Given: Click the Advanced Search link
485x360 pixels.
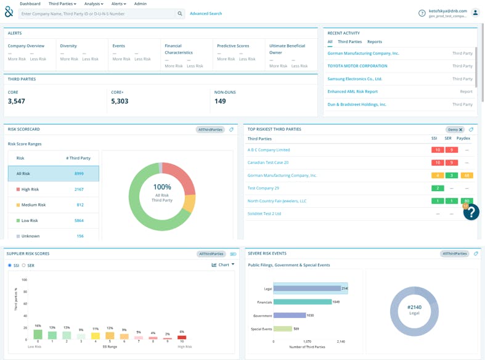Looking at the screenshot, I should pyautogui.click(x=206, y=14).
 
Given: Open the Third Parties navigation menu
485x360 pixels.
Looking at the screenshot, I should pyautogui.click(x=62, y=4).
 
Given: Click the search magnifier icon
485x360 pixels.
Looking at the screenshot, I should pyautogui.click(x=180, y=14).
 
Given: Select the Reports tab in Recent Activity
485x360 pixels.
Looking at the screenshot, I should pyautogui.click(x=374, y=42).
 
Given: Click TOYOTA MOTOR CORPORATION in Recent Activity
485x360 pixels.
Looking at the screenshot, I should pyautogui.click(x=357, y=66).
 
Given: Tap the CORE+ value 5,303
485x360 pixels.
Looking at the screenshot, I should pyautogui.click(x=120, y=101).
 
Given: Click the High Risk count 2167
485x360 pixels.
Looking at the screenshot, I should pyautogui.click(x=79, y=189).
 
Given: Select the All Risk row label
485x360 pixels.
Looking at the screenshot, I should pyautogui.click(x=23, y=174).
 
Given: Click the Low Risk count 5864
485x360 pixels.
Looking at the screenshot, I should pyautogui.click(x=79, y=221).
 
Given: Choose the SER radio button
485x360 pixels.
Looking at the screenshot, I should pyautogui.click(x=24, y=265).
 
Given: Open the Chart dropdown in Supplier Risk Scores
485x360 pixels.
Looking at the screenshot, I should pyautogui.click(x=223, y=264).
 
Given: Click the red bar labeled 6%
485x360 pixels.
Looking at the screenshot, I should pyautogui.click(x=181, y=337).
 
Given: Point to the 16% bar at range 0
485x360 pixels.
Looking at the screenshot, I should pyautogui.click(x=38, y=334).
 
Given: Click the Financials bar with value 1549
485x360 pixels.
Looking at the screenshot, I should pyautogui.click(x=302, y=302).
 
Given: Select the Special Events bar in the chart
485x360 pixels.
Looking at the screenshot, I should pyautogui.click(x=283, y=329).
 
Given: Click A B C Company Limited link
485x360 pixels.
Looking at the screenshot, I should pyautogui.click(x=269, y=150).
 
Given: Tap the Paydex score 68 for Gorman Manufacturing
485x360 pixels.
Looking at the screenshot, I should pyautogui.click(x=467, y=176).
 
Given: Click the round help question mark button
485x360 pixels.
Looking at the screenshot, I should pyautogui.click(x=471, y=212).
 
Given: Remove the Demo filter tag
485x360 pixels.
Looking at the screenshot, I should pyautogui.click(x=460, y=130).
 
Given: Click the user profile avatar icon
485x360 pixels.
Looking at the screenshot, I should pyautogui.click(x=475, y=13).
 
